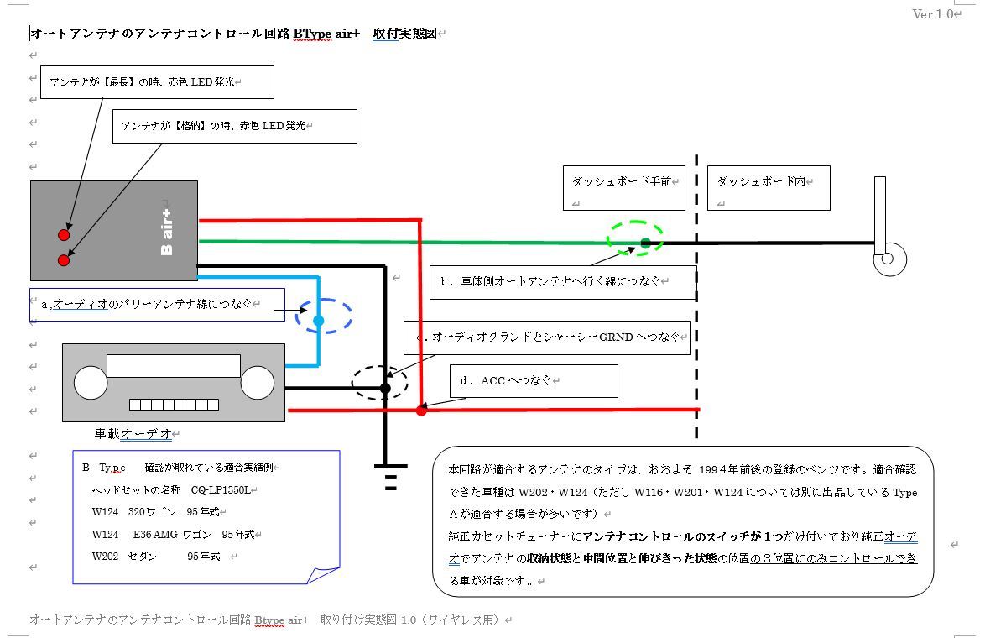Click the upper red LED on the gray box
point(64,234)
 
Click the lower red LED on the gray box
point(64,260)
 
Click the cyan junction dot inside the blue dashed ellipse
point(318,321)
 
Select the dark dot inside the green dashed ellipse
point(645,243)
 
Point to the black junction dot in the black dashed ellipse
point(385,388)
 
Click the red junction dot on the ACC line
point(421,411)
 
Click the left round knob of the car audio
point(91,383)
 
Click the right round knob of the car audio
point(258,383)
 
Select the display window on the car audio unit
point(174,366)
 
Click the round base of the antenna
point(889,259)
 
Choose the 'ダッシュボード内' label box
point(769,187)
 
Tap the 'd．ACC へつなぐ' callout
point(534,380)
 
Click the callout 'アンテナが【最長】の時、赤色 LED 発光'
point(157,82)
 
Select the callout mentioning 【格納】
point(234,126)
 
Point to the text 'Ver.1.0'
point(933,14)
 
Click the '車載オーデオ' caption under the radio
point(133,434)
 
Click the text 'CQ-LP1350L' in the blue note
point(220,489)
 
